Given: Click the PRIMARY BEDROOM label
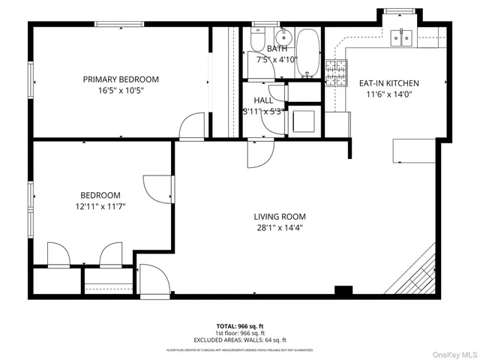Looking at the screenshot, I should coord(121,79).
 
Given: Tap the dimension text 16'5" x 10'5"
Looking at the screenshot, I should coord(121,90).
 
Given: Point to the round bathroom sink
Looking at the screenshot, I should coord(284,37).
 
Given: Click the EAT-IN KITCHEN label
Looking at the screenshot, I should coord(388,83).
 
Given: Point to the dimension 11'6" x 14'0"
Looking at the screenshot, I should coord(388,94).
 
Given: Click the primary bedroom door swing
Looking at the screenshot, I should coord(193,126).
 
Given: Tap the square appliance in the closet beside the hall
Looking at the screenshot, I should coord(303,120).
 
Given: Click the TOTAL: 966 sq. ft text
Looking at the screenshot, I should coord(240,326).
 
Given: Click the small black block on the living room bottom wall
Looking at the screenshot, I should coord(343,290).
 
